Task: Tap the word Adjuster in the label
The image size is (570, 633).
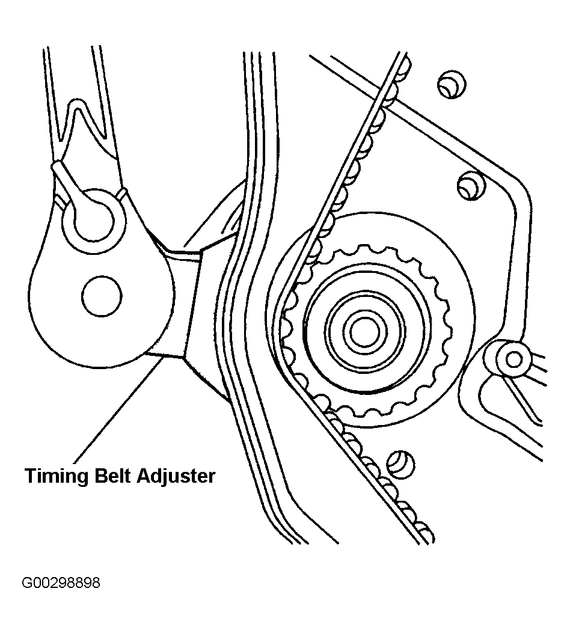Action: [176, 476]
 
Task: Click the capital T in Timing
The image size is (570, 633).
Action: [30, 476]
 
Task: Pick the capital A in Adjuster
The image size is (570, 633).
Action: [144, 476]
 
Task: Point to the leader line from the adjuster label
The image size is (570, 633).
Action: [114, 409]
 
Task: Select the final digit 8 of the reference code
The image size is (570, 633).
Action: [96, 583]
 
